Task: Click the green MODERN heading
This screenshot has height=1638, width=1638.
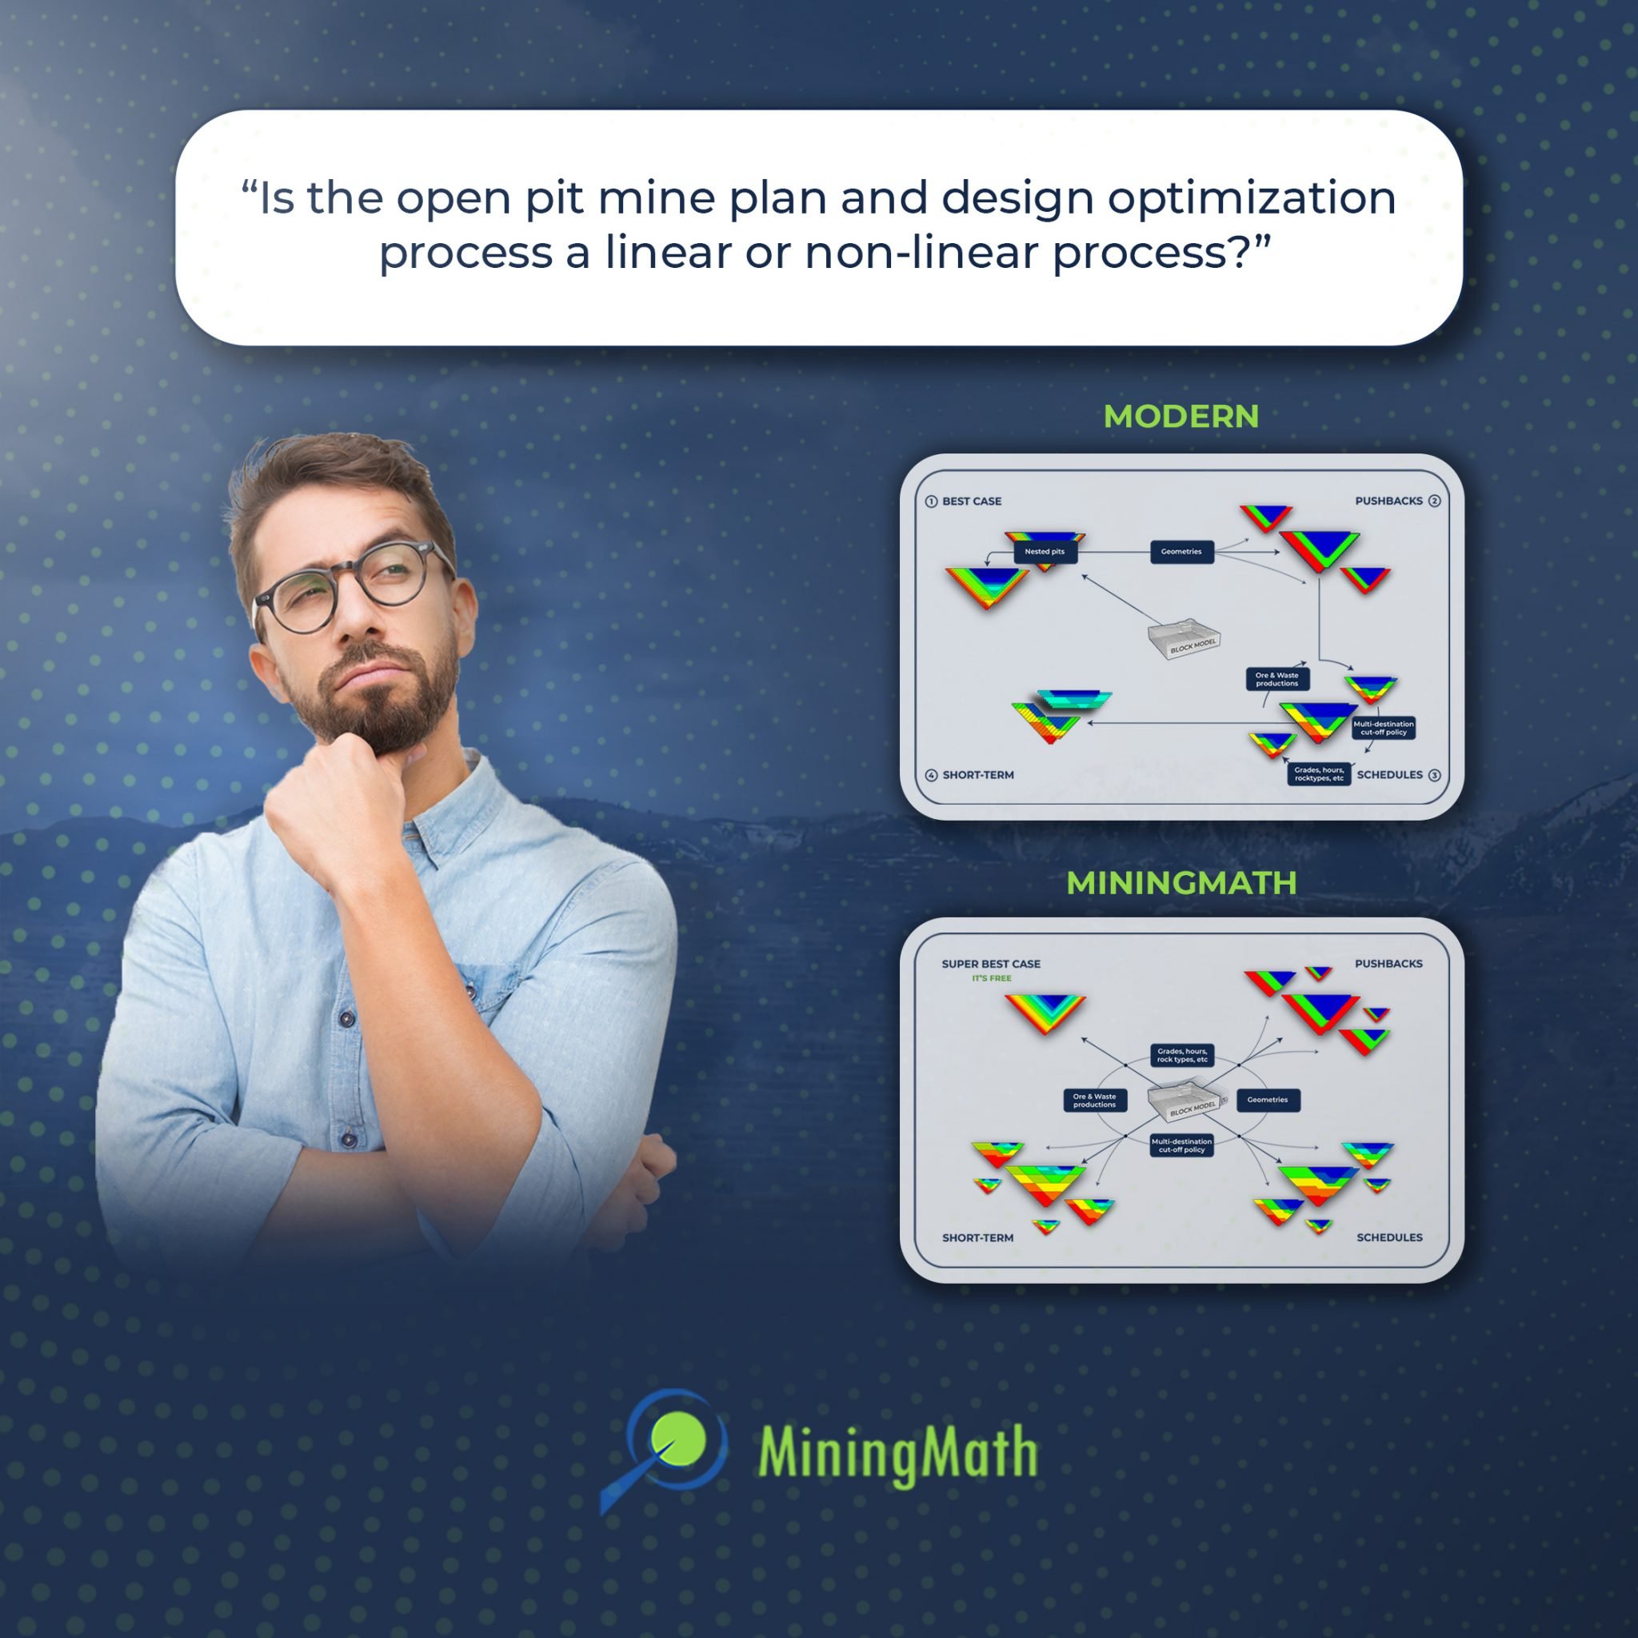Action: point(1181,416)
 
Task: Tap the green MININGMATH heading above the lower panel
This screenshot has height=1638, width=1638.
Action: point(1181,883)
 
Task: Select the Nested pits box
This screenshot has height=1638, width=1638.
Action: point(1045,552)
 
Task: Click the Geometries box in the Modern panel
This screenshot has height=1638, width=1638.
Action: point(1181,552)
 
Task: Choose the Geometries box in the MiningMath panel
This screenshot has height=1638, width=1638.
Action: point(1268,1100)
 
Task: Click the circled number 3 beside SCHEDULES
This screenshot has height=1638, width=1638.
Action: point(1435,775)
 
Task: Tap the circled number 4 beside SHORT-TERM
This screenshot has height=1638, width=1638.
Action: point(931,775)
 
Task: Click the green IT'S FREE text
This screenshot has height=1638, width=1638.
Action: point(991,978)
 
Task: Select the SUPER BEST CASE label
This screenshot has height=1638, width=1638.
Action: point(990,964)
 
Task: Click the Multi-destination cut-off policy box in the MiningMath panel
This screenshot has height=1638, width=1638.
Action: point(1181,1145)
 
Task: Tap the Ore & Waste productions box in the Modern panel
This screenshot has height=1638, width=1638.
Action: point(1276,679)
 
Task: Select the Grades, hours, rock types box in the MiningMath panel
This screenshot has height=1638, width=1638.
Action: point(1182,1056)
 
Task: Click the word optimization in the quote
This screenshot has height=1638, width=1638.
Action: point(1252,198)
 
